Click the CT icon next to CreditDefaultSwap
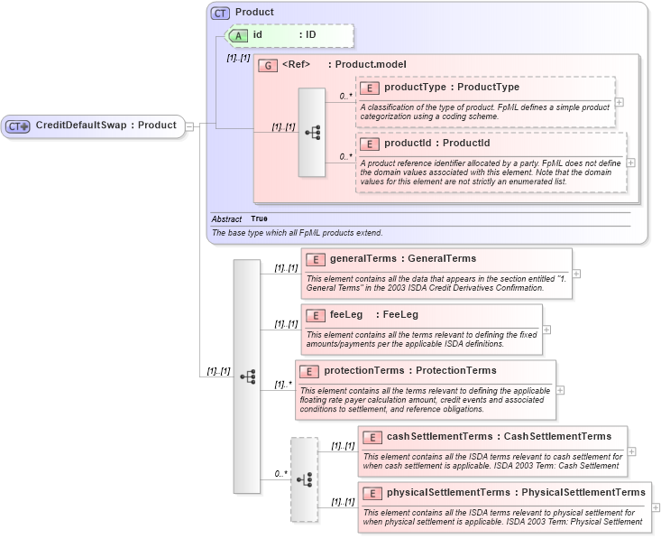point(19,126)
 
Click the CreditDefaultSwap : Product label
point(106,125)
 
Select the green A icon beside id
point(238,35)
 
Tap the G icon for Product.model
point(268,65)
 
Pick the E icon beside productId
point(369,144)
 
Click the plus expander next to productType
point(620,102)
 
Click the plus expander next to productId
point(630,163)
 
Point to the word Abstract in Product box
point(226,218)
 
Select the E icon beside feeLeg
point(316,315)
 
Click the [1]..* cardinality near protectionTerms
point(284,385)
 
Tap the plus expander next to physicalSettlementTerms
point(656,508)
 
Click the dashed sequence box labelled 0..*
point(304,479)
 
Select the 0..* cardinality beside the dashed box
point(282,473)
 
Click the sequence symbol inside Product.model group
point(312,132)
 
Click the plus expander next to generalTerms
point(576,274)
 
